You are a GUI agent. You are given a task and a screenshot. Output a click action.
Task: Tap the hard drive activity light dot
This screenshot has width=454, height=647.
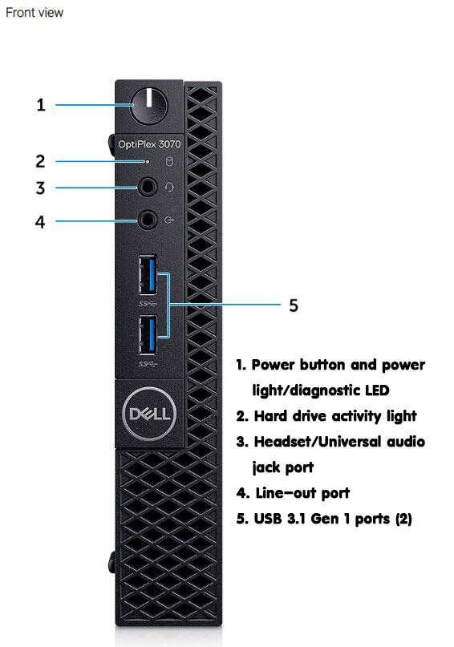(x=148, y=161)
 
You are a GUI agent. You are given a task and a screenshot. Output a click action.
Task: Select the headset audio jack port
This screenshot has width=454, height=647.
(x=148, y=188)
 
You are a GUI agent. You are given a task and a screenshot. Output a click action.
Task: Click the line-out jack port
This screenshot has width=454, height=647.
(x=148, y=220)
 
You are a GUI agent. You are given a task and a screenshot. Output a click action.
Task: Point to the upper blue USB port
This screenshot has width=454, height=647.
(x=148, y=275)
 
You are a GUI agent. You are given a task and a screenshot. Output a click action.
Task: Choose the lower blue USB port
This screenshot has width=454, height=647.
(x=148, y=334)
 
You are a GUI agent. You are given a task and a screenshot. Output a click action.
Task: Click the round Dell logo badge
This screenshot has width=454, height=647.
(x=149, y=414)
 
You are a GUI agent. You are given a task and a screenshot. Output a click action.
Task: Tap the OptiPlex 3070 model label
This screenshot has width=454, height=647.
(x=149, y=144)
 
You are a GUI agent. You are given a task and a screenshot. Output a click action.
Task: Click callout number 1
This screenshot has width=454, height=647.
(x=40, y=105)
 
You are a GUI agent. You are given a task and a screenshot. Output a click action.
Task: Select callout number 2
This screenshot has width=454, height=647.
(x=40, y=161)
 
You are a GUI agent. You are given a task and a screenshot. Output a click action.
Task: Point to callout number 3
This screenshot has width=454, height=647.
(x=40, y=188)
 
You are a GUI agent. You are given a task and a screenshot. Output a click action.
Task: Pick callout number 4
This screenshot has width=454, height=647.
(x=39, y=222)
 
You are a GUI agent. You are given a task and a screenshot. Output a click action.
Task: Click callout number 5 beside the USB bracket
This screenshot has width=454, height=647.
(x=294, y=305)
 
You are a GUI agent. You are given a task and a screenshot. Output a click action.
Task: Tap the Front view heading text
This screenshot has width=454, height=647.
(x=34, y=12)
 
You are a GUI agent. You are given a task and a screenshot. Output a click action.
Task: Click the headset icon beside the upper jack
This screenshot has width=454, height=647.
(x=169, y=188)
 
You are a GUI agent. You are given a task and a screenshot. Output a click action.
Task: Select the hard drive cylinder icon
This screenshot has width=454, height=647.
(x=168, y=161)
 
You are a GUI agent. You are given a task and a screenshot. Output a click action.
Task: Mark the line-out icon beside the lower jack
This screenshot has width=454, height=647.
(x=169, y=220)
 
